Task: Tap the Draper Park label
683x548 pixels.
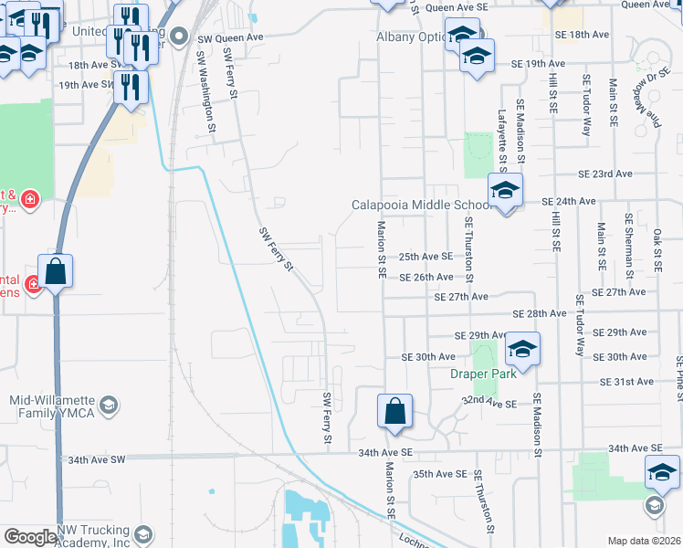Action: pos(483,374)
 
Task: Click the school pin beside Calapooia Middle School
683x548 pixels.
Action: pos(504,191)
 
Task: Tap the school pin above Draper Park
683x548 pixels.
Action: pos(522,349)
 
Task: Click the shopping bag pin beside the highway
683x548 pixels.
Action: pos(55,271)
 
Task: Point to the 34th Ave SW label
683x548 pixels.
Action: pos(92,458)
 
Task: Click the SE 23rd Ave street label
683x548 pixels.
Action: pos(604,174)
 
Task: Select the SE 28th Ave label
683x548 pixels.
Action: pos(540,313)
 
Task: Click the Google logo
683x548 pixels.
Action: pos(30,537)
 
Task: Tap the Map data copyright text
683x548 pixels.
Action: pos(645,541)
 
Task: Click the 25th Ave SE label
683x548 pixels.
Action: pos(426,258)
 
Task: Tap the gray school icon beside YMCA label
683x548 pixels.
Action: pos(109,405)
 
